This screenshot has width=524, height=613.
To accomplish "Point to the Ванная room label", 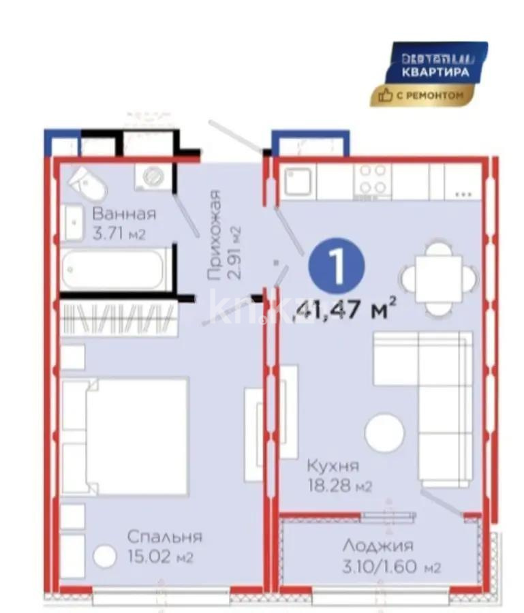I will (x=124, y=213).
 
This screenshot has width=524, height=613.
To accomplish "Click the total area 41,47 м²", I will (x=345, y=312).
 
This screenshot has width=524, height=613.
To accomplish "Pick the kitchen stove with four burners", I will (x=372, y=180).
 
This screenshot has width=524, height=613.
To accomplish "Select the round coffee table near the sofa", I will (x=384, y=430).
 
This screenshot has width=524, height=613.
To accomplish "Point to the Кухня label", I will (x=333, y=466).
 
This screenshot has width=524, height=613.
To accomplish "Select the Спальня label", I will (x=164, y=536).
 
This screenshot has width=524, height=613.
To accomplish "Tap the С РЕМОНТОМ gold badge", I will (x=422, y=96).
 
